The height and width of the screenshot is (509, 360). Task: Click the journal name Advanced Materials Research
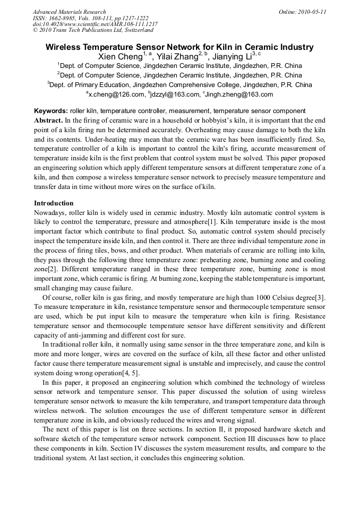pos(69,12)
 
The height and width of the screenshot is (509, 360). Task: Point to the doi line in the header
pos(95,24)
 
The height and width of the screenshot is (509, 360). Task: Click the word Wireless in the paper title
pos(65,47)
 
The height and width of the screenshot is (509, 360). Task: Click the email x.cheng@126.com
pos(116,94)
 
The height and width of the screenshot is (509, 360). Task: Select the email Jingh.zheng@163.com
pos(239,94)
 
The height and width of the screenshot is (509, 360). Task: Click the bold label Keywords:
pos(51,111)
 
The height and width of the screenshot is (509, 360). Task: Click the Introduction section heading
pos(54,203)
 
